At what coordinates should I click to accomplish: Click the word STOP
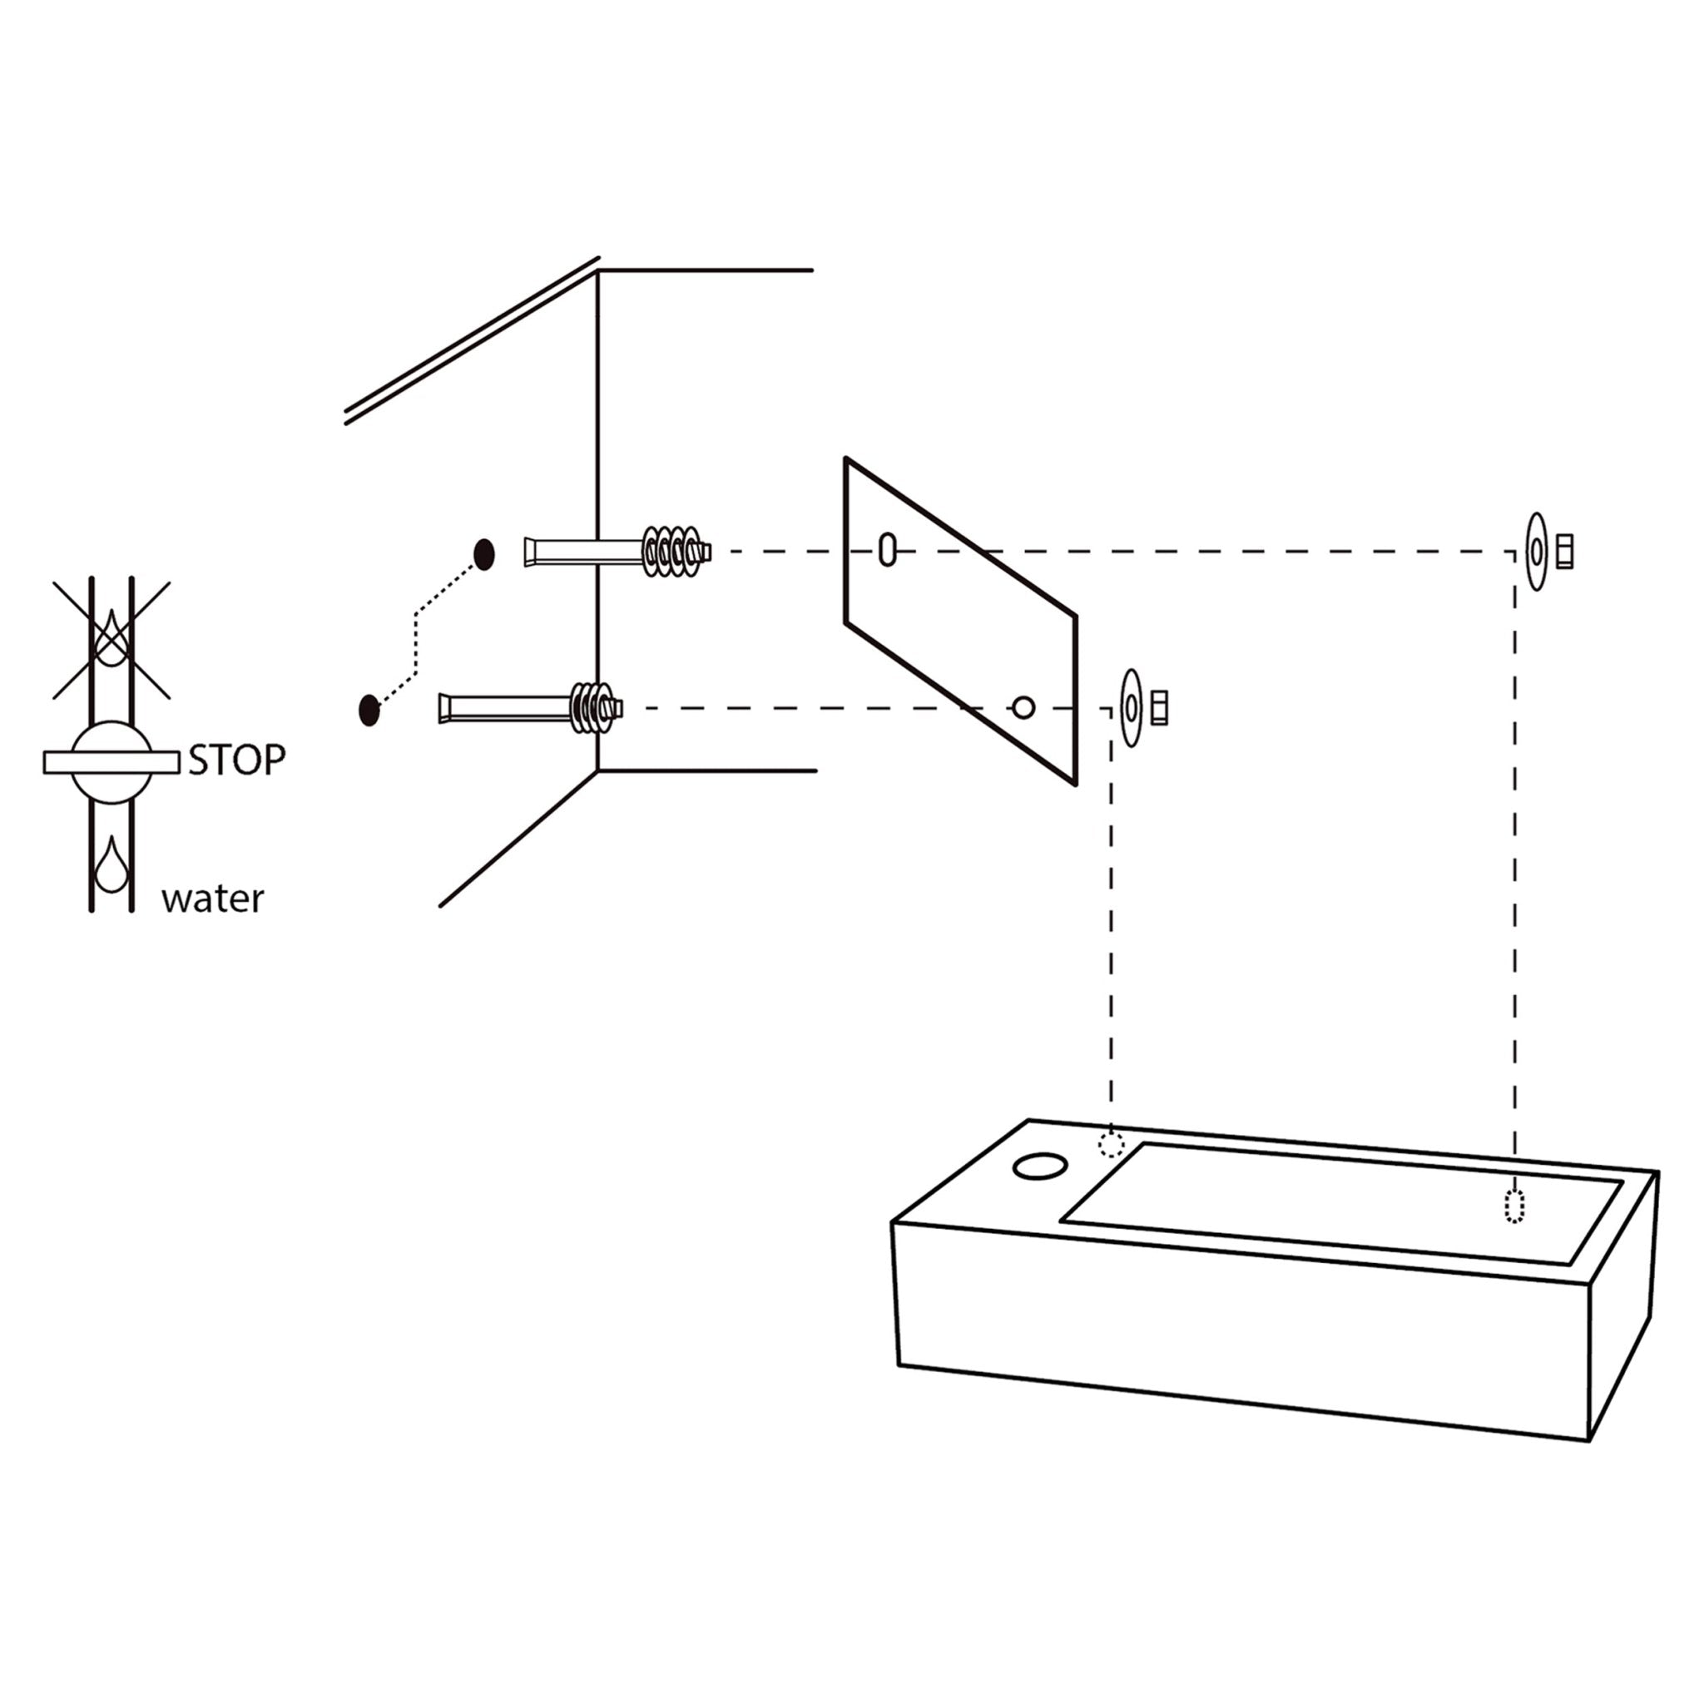tap(237, 760)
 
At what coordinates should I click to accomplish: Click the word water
tap(212, 899)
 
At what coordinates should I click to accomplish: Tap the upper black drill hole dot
tap(484, 554)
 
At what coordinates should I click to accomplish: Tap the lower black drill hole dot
tap(369, 710)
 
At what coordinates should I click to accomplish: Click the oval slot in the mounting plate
tap(887, 549)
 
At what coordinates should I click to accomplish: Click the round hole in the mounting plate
tap(1023, 706)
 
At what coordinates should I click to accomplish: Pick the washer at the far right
tap(1537, 552)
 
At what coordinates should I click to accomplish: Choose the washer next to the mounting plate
tap(1131, 707)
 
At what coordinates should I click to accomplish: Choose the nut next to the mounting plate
tap(1159, 707)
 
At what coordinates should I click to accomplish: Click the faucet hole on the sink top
tap(1041, 1167)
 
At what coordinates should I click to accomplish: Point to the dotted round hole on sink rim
tap(1112, 1146)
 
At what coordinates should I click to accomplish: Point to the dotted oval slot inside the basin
tap(1513, 1206)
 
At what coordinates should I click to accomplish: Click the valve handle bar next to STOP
tap(111, 762)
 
